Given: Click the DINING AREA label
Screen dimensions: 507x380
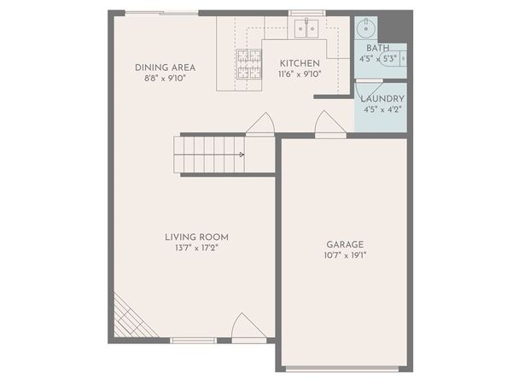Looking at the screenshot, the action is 165,67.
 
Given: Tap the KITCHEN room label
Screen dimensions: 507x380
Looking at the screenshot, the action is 300,63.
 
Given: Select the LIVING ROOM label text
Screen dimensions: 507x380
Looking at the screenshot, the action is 196,237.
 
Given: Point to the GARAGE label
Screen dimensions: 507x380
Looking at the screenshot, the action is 345,244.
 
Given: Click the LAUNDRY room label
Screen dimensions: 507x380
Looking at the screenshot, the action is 382,99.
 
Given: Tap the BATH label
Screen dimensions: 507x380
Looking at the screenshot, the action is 377,48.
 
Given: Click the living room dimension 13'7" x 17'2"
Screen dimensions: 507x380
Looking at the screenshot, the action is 196,248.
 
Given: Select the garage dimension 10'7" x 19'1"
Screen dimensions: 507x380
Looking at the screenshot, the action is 345,255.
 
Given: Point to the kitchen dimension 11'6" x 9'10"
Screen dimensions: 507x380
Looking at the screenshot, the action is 300,74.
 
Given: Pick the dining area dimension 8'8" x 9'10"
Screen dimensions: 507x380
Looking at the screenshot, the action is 165,79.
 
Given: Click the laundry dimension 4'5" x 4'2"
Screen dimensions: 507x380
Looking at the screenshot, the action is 382,109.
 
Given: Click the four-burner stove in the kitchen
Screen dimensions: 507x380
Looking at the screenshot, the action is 249,64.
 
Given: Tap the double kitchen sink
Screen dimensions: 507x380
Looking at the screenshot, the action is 306,29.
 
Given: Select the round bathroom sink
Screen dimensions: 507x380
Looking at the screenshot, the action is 366,29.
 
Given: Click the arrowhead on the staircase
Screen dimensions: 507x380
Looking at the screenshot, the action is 242,155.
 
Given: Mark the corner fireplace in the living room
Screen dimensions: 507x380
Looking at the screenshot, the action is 132,318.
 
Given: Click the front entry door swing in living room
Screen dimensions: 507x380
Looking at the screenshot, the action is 248,327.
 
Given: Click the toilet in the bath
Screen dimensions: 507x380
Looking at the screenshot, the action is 393,59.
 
